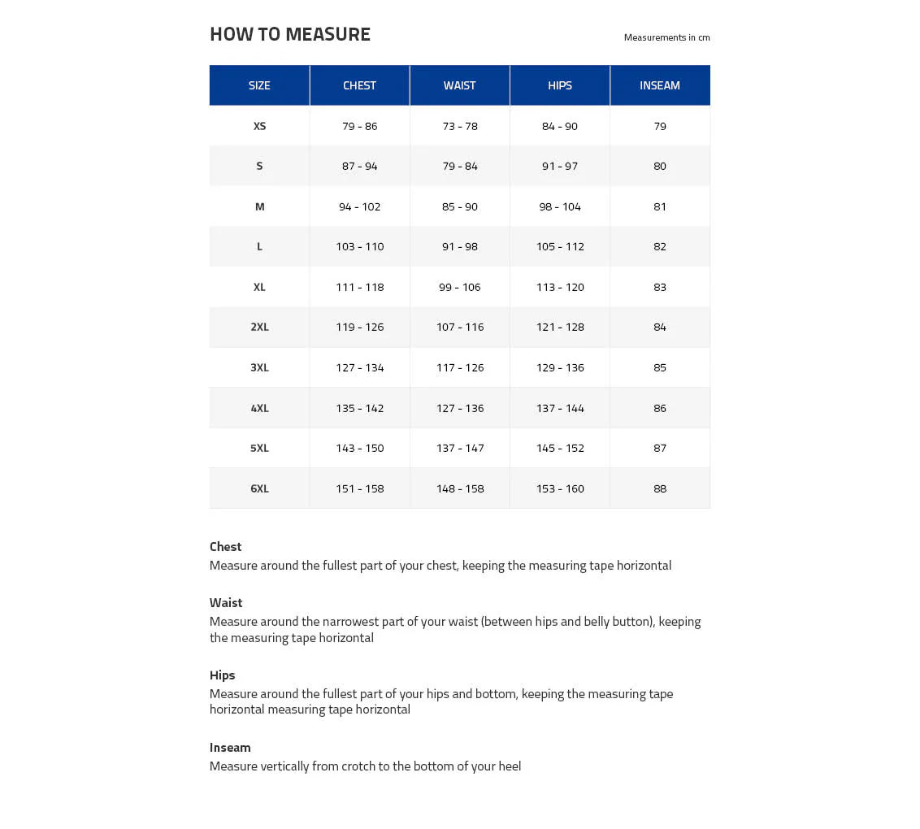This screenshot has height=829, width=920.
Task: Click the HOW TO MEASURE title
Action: (289, 34)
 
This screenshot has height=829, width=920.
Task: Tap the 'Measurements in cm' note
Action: (666, 37)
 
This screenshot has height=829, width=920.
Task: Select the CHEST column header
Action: (359, 85)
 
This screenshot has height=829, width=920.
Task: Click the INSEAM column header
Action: (659, 85)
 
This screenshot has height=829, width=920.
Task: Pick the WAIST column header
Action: (459, 85)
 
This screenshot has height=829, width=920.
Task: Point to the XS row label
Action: (259, 126)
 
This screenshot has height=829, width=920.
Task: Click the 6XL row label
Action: (259, 488)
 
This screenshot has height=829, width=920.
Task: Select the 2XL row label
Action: (259, 327)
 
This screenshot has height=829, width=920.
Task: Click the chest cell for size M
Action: (359, 206)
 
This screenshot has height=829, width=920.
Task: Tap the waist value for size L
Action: (459, 246)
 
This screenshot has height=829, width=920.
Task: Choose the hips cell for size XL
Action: (560, 287)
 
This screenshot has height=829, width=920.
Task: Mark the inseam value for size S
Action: (659, 166)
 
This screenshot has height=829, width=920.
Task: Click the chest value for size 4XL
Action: (359, 408)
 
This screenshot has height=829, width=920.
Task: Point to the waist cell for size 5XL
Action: (459, 448)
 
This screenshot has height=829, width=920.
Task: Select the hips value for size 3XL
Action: (560, 367)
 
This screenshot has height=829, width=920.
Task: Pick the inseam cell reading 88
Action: (659, 488)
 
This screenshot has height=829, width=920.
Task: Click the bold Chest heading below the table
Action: (225, 547)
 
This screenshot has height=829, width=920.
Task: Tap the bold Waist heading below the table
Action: (226, 603)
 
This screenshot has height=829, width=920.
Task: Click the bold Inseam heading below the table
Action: (230, 748)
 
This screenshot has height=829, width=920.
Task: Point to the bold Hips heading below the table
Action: (222, 675)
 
